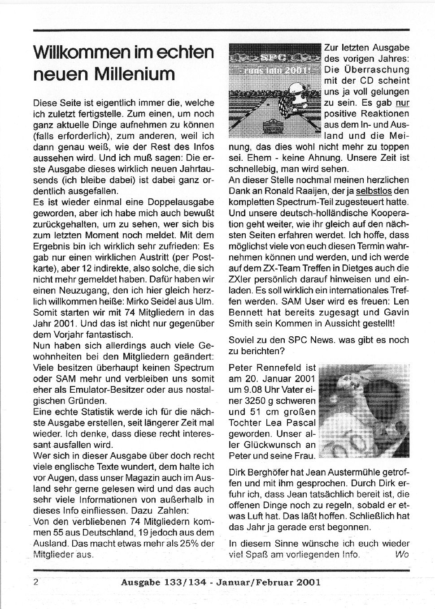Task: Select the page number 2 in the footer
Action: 35,582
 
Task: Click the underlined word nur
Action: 403,103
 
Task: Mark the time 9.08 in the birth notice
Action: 255,390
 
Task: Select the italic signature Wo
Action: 402,554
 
